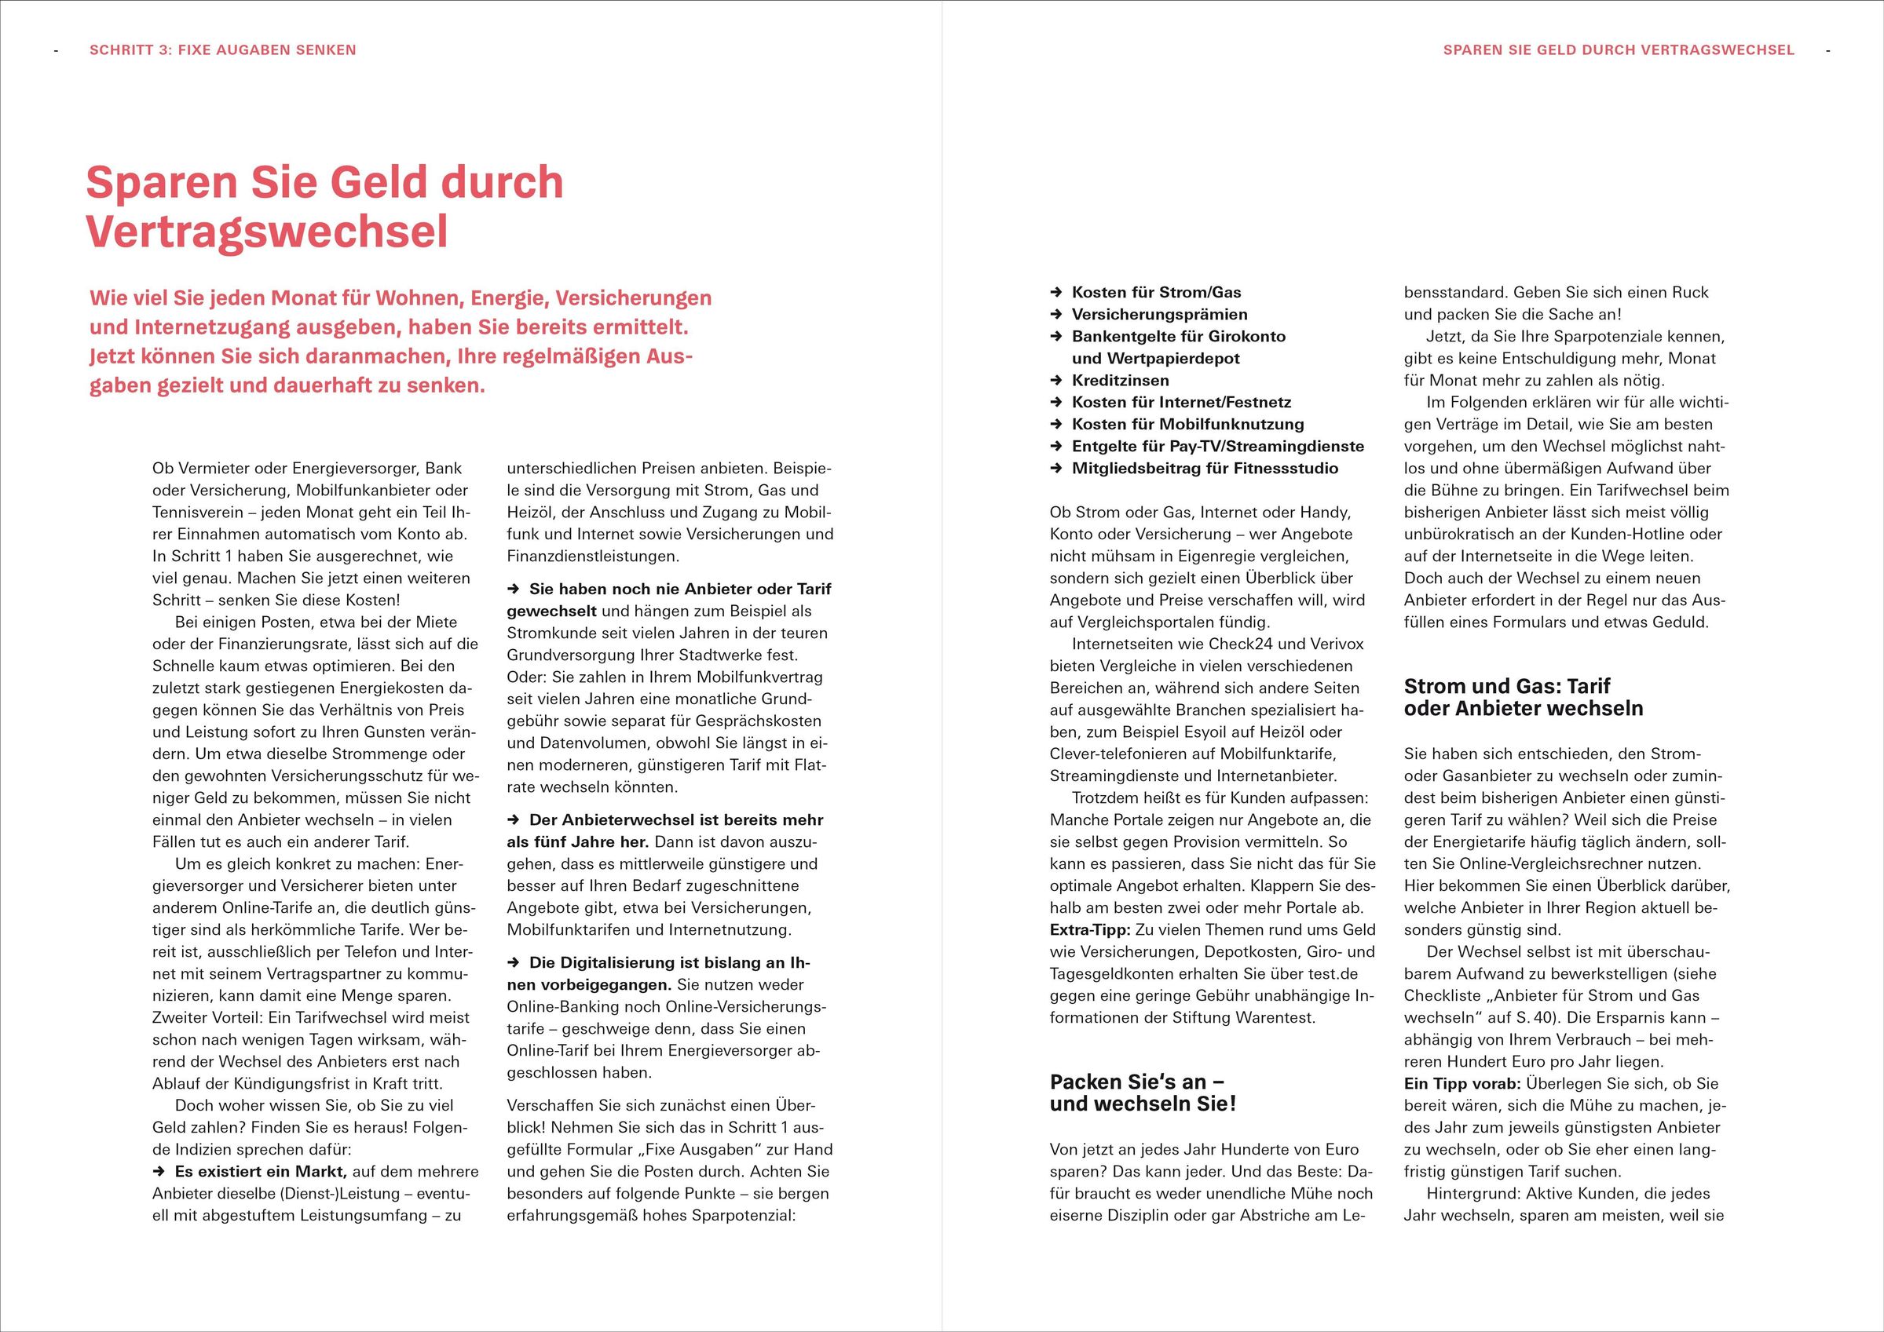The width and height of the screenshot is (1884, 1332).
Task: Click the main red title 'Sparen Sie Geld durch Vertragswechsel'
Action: pos(324,206)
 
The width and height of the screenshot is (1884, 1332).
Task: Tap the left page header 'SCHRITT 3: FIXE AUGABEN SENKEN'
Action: pos(222,50)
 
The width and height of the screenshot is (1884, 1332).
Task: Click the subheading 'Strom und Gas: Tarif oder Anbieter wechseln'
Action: pos(1523,697)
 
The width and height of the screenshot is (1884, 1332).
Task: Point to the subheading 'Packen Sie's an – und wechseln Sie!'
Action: pos(1142,1093)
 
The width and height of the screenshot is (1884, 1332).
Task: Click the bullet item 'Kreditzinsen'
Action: pos(1120,381)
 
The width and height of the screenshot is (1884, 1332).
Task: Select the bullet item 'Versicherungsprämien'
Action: pos(1159,314)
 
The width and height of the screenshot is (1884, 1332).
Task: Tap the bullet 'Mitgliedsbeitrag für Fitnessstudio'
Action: pos(1205,469)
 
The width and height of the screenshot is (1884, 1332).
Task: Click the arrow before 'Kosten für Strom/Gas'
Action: pos(1057,293)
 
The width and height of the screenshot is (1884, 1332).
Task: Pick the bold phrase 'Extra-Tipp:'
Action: pos(1090,930)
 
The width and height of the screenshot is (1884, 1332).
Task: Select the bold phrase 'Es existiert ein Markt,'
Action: pos(261,1172)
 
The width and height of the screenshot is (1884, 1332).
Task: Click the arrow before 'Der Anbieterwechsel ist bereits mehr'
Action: pos(514,820)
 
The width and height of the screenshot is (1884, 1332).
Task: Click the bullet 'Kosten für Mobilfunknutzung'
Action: pos(1187,424)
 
